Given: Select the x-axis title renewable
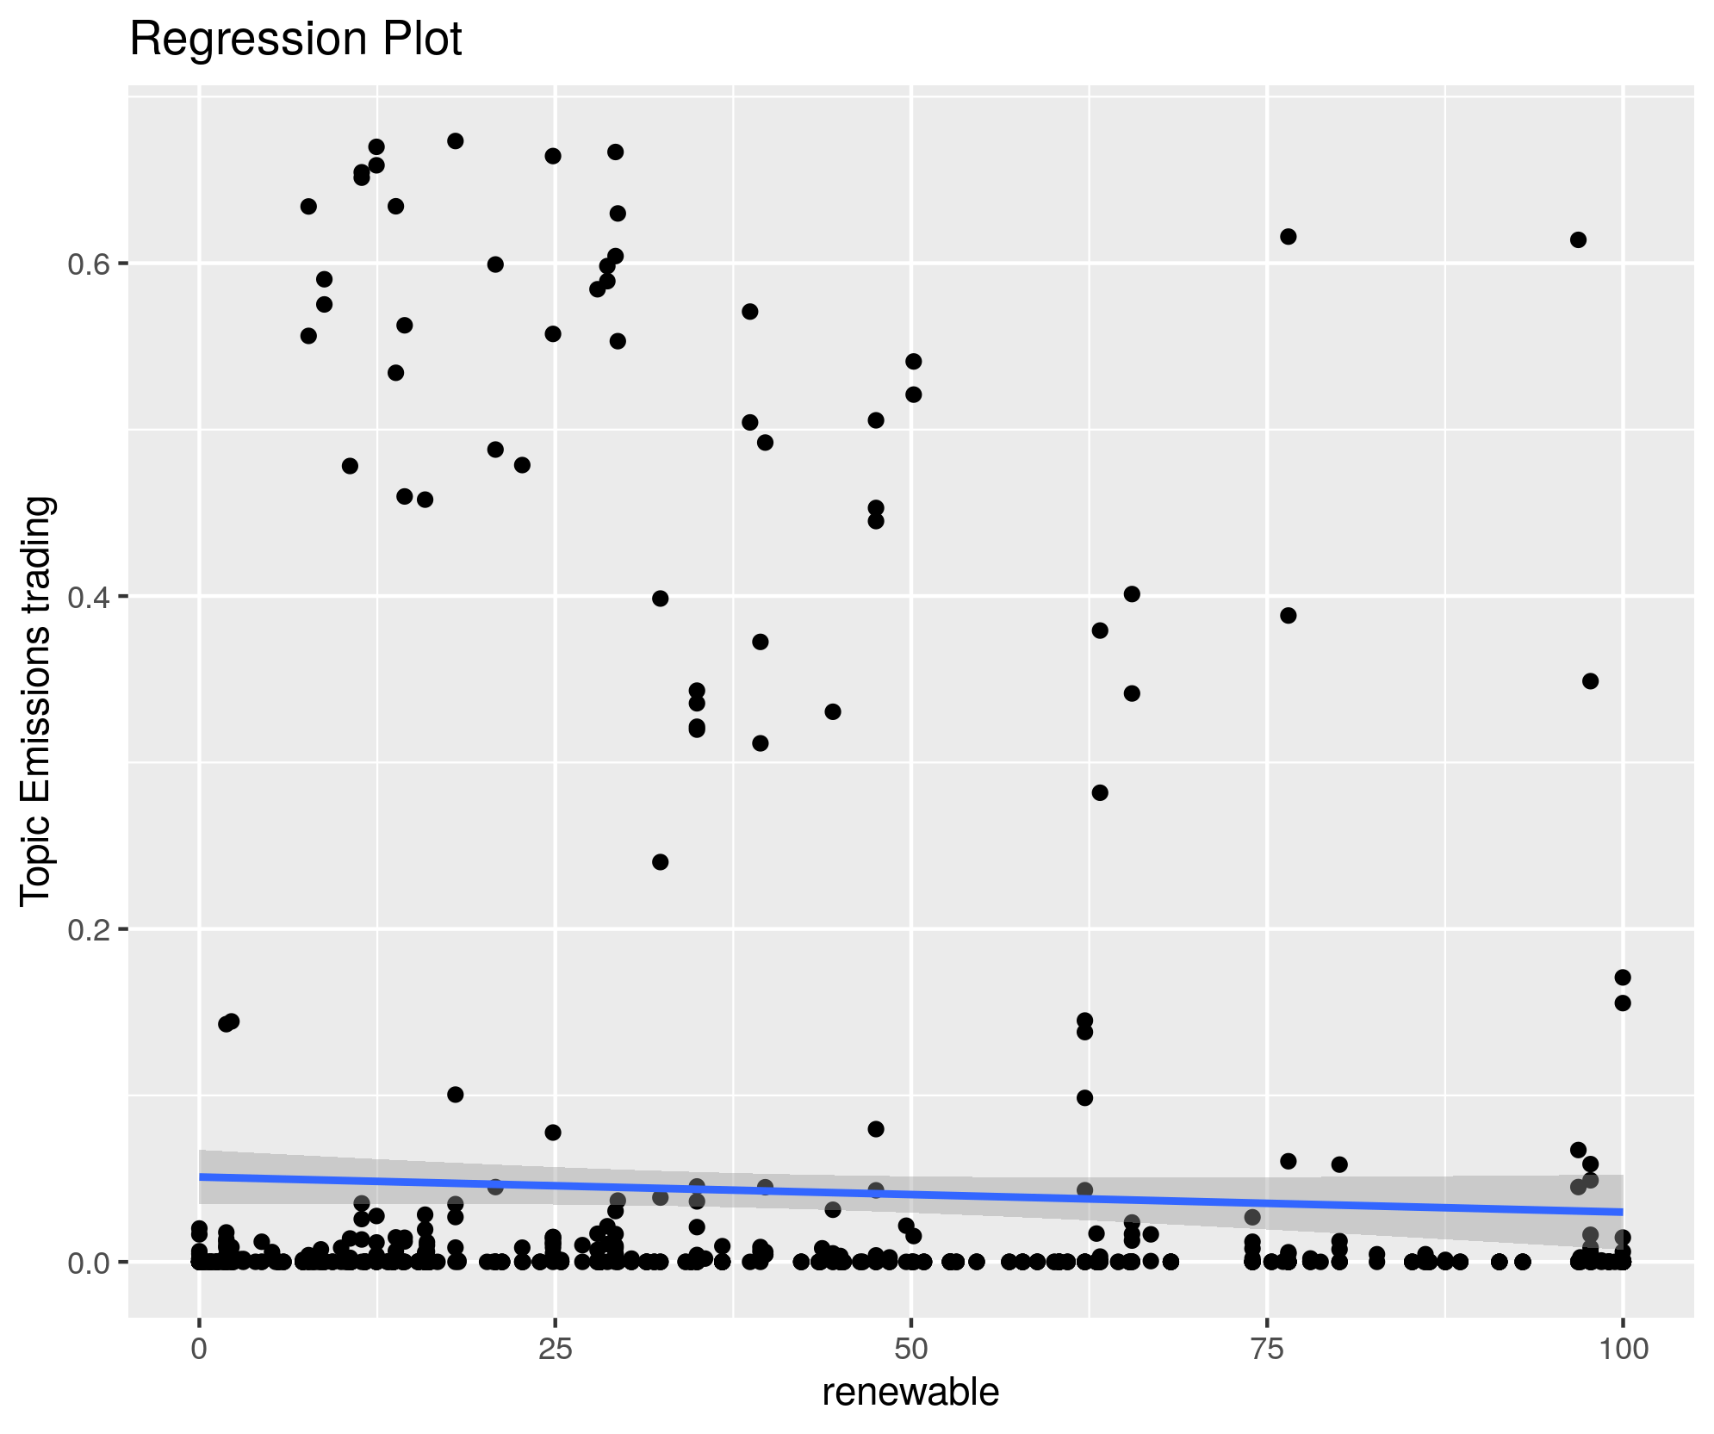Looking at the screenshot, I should (x=910, y=1392).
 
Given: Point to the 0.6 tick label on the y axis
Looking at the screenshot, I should (x=85, y=264).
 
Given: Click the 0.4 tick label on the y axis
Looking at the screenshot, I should (x=85, y=596).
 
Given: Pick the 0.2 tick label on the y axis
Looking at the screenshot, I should (x=85, y=929).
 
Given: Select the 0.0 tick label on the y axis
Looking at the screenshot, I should (x=85, y=1262).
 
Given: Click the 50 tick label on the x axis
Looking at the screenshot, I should (x=911, y=1349).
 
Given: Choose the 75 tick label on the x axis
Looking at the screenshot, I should (x=1267, y=1349).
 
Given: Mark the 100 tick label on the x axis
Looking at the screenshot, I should (x=1623, y=1349).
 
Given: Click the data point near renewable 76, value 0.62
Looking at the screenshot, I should (x=1289, y=237).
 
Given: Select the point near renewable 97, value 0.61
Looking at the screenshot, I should (x=1579, y=240).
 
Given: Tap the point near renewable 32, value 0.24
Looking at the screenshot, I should (x=661, y=862).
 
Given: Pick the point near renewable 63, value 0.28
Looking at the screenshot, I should (x=1100, y=792).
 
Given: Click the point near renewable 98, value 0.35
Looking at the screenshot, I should (x=1591, y=681).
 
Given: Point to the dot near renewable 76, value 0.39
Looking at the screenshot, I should (x=1289, y=616).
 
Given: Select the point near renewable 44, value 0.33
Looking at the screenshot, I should (x=833, y=711).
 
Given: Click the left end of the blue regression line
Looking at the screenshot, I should (x=202, y=1176).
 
